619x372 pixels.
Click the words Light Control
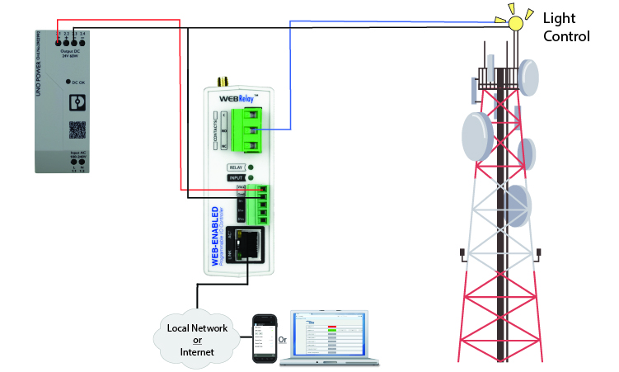click(x=566, y=26)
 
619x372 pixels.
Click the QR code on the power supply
click(x=76, y=129)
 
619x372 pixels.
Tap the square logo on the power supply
click(x=76, y=103)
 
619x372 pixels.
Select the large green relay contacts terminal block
click(x=245, y=130)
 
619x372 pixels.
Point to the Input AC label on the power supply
click(x=74, y=157)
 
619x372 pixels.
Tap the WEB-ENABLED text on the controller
click(x=213, y=239)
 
